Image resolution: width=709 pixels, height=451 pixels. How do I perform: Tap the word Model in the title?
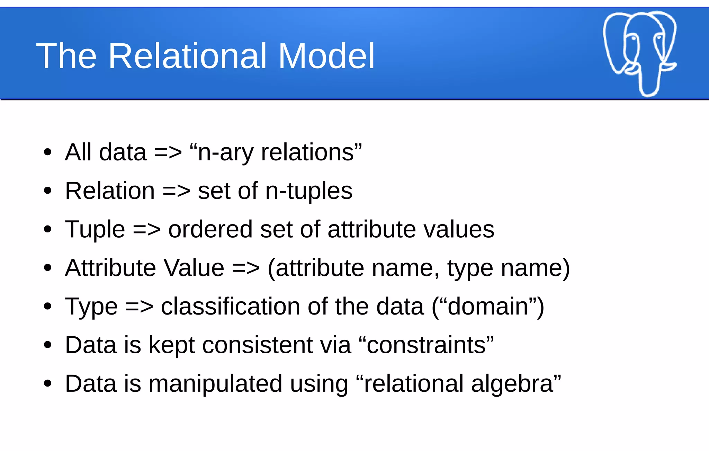(x=326, y=56)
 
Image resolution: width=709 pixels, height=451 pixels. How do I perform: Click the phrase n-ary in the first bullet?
(x=225, y=152)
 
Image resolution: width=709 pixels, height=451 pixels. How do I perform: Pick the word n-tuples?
(x=308, y=191)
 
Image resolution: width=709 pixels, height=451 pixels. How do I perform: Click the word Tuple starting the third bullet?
(x=95, y=230)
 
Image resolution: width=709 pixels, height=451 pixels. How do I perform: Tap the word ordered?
(x=210, y=230)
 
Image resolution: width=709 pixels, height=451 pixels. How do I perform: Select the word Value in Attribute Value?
(x=194, y=268)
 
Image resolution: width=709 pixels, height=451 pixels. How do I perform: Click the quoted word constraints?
(x=426, y=345)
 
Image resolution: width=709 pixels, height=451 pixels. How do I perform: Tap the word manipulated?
(x=215, y=384)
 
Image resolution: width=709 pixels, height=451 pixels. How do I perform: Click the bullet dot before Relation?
(x=48, y=191)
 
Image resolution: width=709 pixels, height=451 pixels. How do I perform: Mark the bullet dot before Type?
(x=48, y=306)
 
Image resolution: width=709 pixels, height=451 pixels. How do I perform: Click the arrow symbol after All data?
(x=168, y=152)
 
